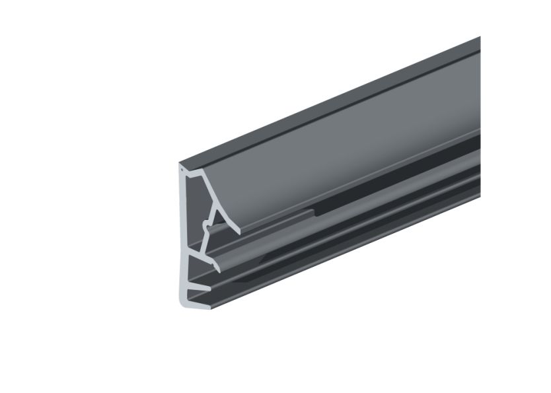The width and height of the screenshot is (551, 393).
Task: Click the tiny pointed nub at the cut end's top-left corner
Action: click(x=180, y=169)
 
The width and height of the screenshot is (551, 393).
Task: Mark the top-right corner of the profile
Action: click(x=479, y=39)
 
